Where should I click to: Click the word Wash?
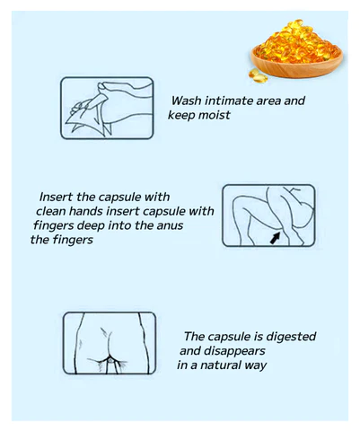pos(186,101)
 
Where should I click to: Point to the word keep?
pos(181,116)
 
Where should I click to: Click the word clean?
pos(51,211)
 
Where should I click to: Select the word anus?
pos(170,225)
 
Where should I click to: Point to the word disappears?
pos(234,351)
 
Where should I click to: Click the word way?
pos(256,366)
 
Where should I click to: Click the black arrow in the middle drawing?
pos(276,238)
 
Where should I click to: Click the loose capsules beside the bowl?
pos(258,75)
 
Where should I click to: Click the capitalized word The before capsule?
pos(194,337)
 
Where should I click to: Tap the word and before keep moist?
pos(294,101)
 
